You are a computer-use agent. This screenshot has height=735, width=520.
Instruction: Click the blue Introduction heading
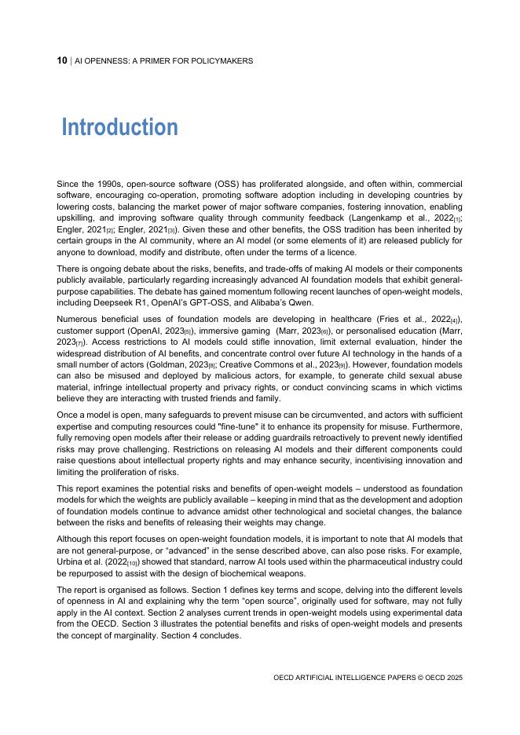(119, 127)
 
